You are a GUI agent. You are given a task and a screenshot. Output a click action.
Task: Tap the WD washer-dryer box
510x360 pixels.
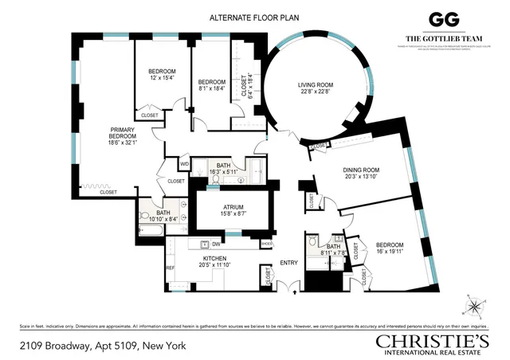coord(184,164)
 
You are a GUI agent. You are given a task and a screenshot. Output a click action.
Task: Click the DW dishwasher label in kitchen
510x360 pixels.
coord(215,245)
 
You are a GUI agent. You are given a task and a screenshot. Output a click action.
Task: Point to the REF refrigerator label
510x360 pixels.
coord(170,268)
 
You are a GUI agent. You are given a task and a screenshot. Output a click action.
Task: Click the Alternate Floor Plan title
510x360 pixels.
coord(254,17)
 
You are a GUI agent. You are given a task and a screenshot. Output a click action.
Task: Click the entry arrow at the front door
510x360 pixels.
coord(296,292)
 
